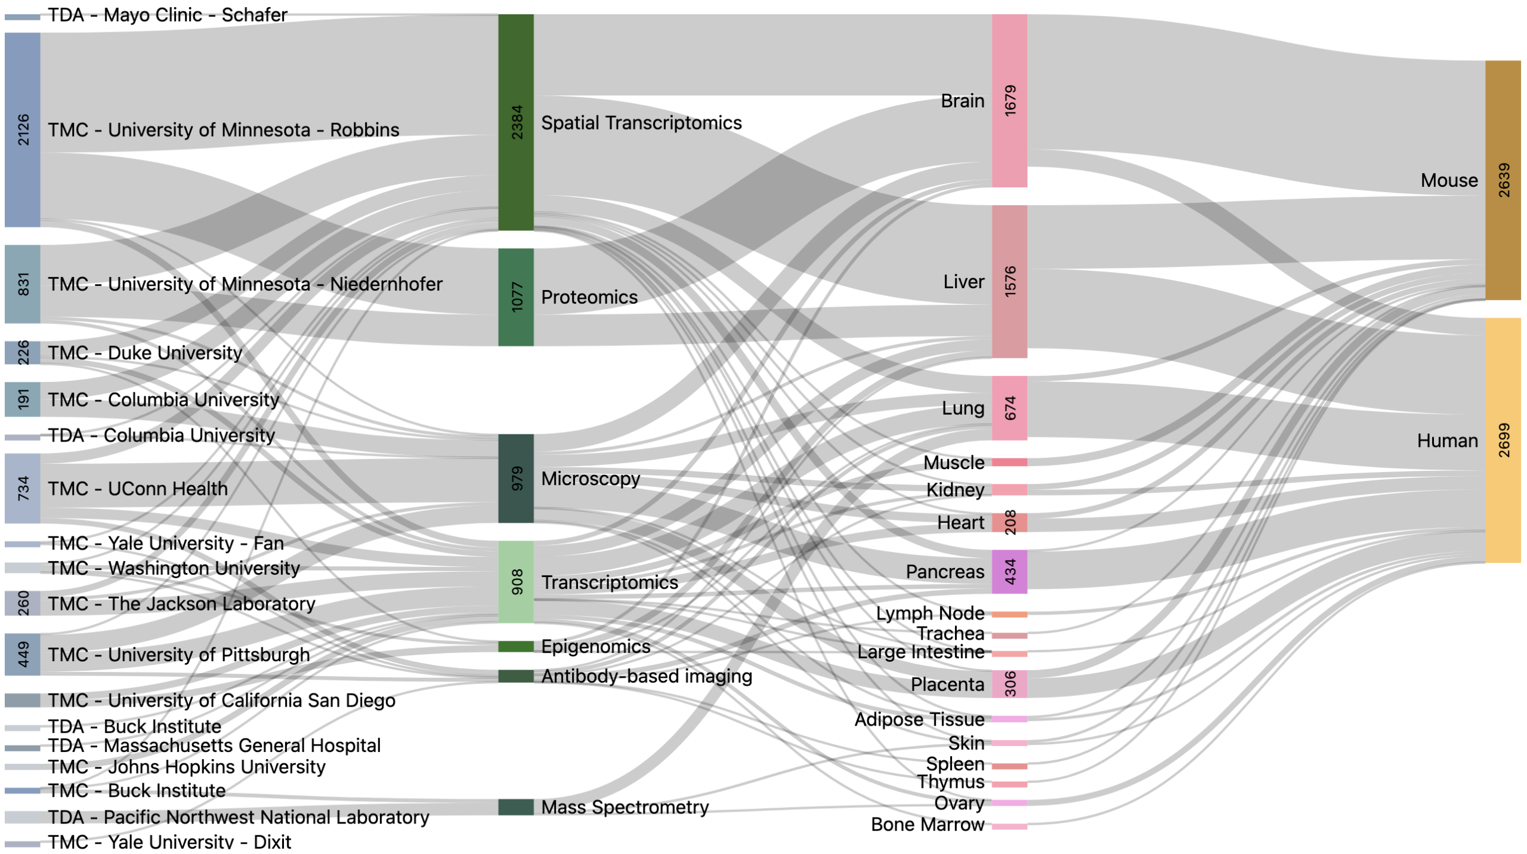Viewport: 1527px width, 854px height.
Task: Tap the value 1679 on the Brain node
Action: tap(1010, 100)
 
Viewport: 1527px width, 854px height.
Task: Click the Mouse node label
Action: tap(1449, 180)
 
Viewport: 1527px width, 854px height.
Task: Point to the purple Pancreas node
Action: tap(1010, 572)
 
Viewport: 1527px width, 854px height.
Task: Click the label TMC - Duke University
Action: tap(145, 353)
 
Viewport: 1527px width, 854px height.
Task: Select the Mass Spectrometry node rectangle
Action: tap(516, 807)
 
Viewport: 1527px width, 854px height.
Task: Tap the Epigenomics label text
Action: tap(595, 646)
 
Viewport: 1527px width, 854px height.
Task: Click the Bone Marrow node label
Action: tap(927, 824)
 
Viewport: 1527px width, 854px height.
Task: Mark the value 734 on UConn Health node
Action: tap(23, 488)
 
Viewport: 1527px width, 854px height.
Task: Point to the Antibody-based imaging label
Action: tap(647, 676)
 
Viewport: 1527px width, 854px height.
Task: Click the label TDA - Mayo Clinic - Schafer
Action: tap(168, 14)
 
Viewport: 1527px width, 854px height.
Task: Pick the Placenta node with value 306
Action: tap(1010, 684)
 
